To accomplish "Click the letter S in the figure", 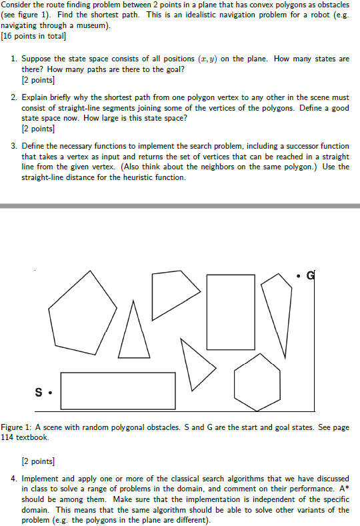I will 39,392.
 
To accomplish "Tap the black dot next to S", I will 51,393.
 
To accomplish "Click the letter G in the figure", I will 310,275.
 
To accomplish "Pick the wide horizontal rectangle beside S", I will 117,391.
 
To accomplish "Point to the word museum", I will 93,25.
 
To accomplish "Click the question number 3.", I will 14,145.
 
